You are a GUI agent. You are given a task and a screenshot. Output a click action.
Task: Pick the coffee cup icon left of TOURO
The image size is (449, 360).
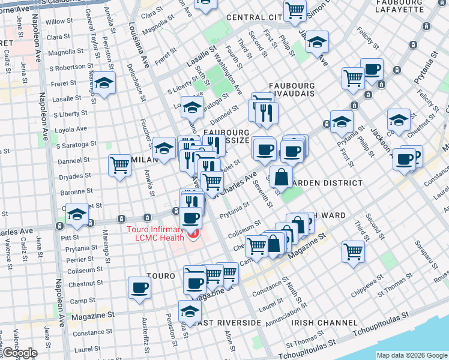coord(139,287)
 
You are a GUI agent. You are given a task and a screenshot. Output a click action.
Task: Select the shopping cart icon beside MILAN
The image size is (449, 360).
coord(119,165)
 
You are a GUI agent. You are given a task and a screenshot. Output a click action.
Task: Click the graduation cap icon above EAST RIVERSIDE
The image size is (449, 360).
coord(190,311)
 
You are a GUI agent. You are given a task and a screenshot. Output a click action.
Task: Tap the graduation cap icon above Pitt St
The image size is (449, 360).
coord(77,215)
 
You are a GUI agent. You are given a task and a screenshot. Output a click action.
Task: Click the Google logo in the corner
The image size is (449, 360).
coord(19,353)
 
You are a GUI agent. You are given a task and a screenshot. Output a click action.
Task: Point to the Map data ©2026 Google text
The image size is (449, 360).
coord(411,355)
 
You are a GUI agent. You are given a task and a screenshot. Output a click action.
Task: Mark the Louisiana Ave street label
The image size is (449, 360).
coord(139,45)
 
